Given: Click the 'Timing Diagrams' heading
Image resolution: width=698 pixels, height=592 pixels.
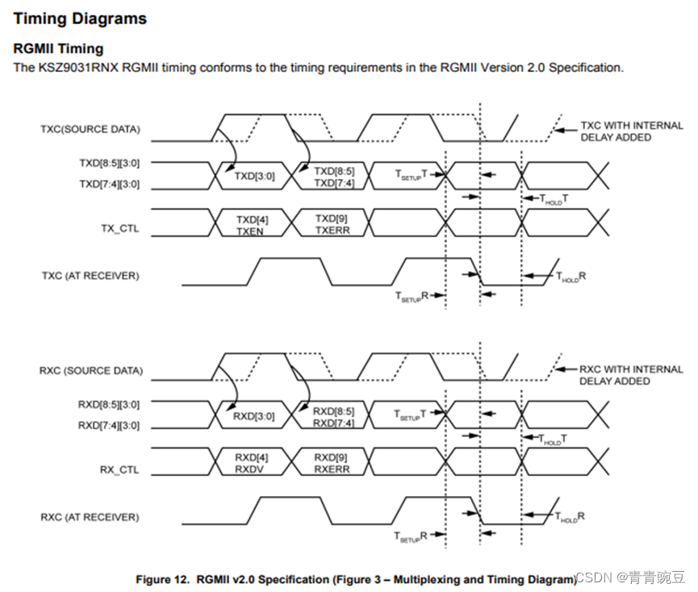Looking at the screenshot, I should [x=81, y=18].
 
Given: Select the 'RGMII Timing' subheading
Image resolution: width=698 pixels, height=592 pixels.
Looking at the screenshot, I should [x=58, y=49].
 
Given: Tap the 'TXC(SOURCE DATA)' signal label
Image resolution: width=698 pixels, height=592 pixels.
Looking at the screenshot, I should [x=90, y=129].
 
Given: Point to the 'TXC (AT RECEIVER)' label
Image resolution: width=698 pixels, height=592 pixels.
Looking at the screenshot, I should [x=90, y=276].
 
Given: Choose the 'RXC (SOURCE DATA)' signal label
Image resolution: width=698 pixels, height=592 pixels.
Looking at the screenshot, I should [x=90, y=371].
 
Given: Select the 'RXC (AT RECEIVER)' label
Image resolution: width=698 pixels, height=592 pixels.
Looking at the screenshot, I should [x=90, y=517].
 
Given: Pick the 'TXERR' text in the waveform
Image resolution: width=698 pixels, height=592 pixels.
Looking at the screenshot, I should [x=332, y=231].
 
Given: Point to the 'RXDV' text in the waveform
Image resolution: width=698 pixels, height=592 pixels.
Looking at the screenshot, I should [x=252, y=469].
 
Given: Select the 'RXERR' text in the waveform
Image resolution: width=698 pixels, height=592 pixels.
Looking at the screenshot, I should [x=332, y=469].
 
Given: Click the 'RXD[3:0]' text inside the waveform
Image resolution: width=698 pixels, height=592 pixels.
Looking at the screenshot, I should [x=253, y=417].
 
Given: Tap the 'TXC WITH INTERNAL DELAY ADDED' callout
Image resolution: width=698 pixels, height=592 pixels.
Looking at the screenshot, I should [x=631, y=131].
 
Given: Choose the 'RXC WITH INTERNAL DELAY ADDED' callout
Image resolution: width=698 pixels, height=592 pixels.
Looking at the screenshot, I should [x=631, y=375].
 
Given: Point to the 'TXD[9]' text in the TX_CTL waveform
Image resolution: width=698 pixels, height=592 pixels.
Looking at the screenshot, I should [x=333, y=219].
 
